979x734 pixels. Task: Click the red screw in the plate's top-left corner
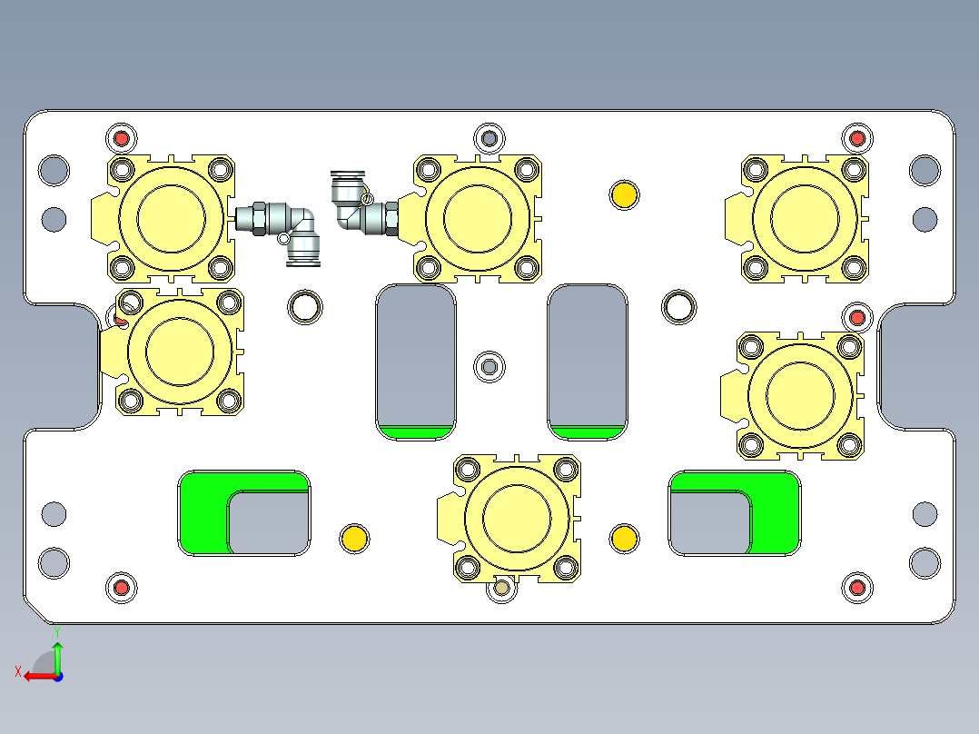121,139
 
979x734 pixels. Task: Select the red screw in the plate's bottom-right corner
856,588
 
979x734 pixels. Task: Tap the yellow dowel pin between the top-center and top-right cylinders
624,194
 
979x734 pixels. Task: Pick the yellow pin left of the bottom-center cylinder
353,538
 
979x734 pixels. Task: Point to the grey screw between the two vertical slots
489,366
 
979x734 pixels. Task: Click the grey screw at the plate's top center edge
489,138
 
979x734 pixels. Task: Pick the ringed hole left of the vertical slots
305,307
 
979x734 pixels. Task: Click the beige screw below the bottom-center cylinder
501,589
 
